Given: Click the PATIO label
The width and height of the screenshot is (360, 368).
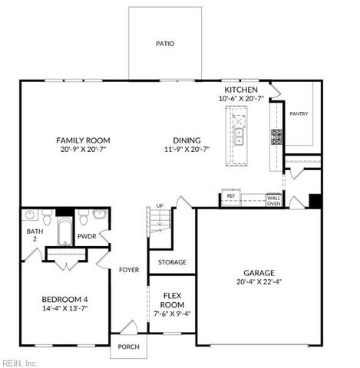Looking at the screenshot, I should [x=165, y=44].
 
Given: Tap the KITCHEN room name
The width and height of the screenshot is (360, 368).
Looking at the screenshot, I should [x=240, y=89].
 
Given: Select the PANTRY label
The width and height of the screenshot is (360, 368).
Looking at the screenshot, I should [x=299, y=113].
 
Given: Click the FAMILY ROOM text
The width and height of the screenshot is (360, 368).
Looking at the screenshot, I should [x=83, y=140].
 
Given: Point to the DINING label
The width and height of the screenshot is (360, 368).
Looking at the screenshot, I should [x=187, y=140].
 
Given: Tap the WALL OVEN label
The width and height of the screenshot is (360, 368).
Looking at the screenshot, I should [x=273, y=201].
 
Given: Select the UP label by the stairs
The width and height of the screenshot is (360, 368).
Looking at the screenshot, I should [x=160, y=206].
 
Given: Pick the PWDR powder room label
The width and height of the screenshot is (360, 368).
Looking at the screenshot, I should [x=86, y=237].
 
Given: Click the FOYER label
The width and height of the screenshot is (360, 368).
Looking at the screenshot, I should [x=128, y=270].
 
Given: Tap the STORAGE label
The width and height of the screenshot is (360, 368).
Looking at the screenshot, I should [x=172, y=262].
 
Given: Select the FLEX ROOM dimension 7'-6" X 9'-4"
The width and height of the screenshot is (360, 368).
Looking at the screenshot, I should [x=171, y=313].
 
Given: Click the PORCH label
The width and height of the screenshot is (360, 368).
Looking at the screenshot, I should [x=127, y=347].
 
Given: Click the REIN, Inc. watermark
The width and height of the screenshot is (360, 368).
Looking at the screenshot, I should [x=19, y=362].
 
